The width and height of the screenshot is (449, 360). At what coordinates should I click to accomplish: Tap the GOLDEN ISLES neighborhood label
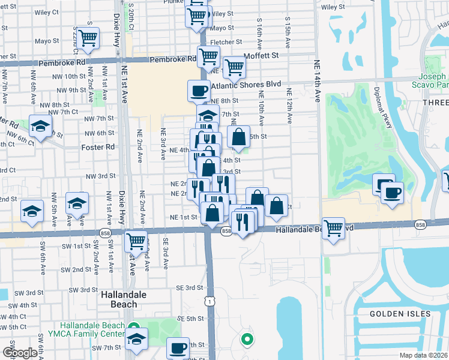pyautogui.click(x=400, y=314)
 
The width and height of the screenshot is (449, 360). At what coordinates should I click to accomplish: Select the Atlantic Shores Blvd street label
pyautogui.click(x=247, y=85)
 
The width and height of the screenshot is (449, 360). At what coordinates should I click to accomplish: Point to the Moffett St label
pyautogui.click(x=262, y=55)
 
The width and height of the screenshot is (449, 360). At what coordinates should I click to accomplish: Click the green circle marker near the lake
pyautogui.click(x=247, y=340)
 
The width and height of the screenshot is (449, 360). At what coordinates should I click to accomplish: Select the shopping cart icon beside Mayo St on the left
pyautogui.click(x=88, y=38)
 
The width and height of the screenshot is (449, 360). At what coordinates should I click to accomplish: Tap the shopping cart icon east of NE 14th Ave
pyautogui.click(x=333, y=227)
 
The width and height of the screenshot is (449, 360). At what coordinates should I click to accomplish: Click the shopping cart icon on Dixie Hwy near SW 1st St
pyautogui.click(x=136, y=241)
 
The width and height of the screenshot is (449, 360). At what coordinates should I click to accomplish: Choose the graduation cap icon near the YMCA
pyautogui.click(x=137, y=339)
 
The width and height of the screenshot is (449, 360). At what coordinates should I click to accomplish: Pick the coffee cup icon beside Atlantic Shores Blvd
pyautogui.click(x=199, y=91)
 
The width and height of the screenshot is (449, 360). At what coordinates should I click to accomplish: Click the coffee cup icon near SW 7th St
pyautogui.click(x=177, y=348)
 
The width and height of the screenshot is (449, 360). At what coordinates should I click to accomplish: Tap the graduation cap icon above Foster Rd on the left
pyautogui.click(x=40, y=127)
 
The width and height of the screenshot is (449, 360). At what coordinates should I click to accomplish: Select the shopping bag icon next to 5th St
pyautogui.click(x=238, y=136)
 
